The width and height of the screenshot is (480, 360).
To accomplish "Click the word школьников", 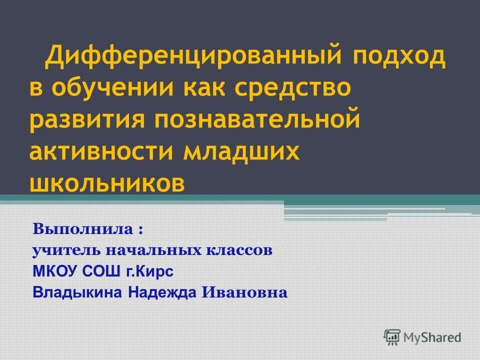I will [x=107, y=183].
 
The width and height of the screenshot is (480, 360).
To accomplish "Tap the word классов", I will [x=235, y=250].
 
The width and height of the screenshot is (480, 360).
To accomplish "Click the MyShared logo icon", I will [x=392, y=337].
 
